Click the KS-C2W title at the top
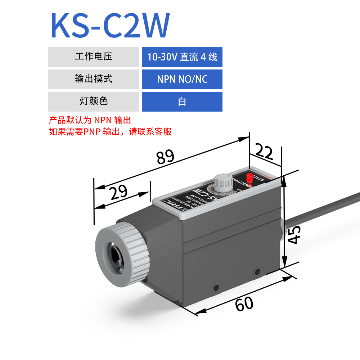pos(110,26)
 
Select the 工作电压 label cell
pos(94,57)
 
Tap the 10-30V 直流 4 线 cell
pos(182,57)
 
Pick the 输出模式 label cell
pos(94,79)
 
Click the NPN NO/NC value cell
pos(182,79)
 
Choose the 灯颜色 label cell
pos(94,102)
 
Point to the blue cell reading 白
pos(182,102)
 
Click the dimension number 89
pos(165,157)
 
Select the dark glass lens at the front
pos(116,255)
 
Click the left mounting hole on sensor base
pos(216,288)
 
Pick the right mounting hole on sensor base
pos(257,271)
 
